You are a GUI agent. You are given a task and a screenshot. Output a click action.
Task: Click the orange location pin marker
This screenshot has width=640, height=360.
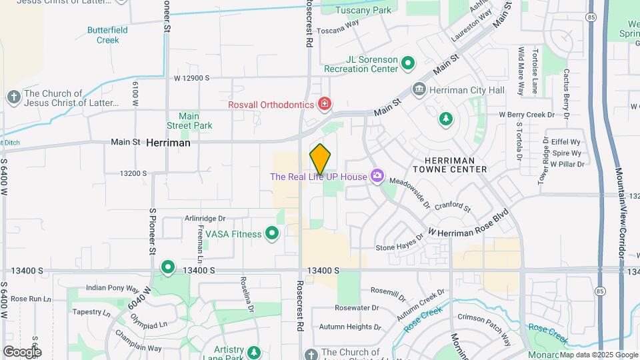click(321, 159)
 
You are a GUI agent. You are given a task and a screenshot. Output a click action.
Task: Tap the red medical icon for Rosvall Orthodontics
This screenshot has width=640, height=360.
click(325, 104)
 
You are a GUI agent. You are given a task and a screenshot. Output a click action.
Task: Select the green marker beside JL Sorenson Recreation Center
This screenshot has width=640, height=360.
click(408, 64)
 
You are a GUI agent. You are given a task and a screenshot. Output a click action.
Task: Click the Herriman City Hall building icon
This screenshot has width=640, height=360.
click(419, 89)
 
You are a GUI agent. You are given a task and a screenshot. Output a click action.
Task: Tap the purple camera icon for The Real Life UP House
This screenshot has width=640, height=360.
click(377, 176)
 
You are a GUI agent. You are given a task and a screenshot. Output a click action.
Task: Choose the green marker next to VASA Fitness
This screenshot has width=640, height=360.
click(271, 233)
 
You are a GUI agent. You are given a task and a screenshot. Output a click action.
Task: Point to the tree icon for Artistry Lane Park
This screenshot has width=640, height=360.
click(253, 351)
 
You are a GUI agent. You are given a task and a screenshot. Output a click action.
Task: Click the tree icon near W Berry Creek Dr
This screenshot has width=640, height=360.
click(445, 119)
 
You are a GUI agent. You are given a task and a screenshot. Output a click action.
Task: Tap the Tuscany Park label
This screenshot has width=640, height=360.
click(363, 10)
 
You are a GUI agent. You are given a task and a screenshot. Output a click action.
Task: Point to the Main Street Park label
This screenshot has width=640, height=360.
click(189, 121)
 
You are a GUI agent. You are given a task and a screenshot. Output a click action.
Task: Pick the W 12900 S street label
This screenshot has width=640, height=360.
click(191, 78)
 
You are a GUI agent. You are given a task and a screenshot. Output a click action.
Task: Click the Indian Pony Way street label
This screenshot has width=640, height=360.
click(112, 289)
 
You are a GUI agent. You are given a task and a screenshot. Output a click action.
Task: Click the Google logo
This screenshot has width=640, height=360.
click(22, 351)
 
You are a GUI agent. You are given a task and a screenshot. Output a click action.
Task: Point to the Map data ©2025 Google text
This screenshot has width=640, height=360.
click(598, 355)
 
